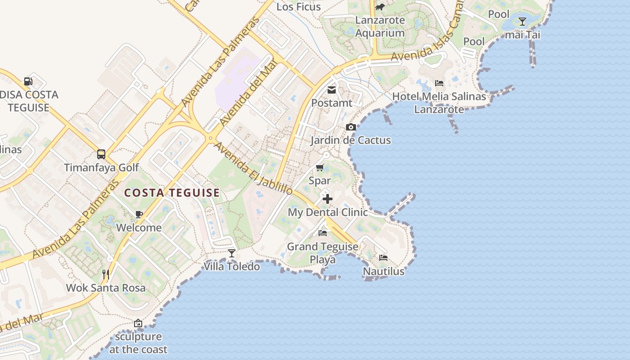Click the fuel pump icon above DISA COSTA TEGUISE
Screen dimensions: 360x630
click(x=28, y=81)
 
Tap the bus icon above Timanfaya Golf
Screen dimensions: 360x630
click(x=101, y=154)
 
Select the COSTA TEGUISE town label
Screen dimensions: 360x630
click(x=172, y=193)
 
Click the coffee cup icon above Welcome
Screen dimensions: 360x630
click(x=139, y=214)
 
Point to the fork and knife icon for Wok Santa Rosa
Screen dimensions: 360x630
click(x=106, y=274)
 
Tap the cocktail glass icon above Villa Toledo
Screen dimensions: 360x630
click(x=232, y=253)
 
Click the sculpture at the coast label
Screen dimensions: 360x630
click(x=138, y=343)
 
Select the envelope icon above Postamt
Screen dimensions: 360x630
click(x=332, y=90)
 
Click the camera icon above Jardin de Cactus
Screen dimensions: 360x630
click(x=351, y=127)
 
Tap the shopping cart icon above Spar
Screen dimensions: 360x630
click(x=320, y=168)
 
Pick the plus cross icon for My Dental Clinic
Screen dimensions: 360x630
click(x=328, y=199)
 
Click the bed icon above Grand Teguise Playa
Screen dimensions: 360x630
click(x=323, y=233)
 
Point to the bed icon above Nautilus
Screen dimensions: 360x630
click(x=383, y=258)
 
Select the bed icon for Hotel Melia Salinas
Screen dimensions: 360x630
click(x=439, y=83)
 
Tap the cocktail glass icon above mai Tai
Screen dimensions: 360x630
click(x=522, y=21)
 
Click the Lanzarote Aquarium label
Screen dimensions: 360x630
click(x=380, y=27)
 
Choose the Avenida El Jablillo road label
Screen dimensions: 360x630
click(x=253, y=169)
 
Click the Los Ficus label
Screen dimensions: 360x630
click(x=298, y=7)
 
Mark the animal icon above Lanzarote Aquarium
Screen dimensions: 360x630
click(x=380, y=7)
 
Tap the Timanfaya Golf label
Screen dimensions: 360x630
click(x=101, y=168)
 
